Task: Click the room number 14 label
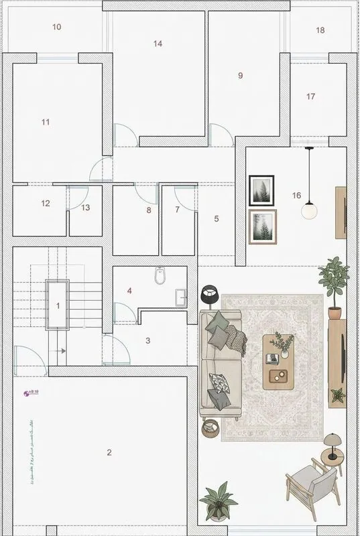[x=158, y=44]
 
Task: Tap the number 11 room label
[x=46, y=122]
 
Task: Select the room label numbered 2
[x=109, y=452]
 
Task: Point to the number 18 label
[x=320, y=31]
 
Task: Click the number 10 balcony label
[x=57, y=27]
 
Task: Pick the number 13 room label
[x=86, y=208]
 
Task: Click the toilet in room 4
[x=159, y=275]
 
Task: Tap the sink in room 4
[x=180, y=296]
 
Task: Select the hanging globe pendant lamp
[x=310, y=210]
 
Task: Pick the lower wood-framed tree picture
[x=262, y=226]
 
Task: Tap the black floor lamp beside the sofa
[x=210, y=293]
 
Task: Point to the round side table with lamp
[x=331, y=456]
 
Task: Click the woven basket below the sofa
[x=211, y=427]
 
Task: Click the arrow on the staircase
[x=61, y=350]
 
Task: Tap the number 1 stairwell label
[x=58, y=306]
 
